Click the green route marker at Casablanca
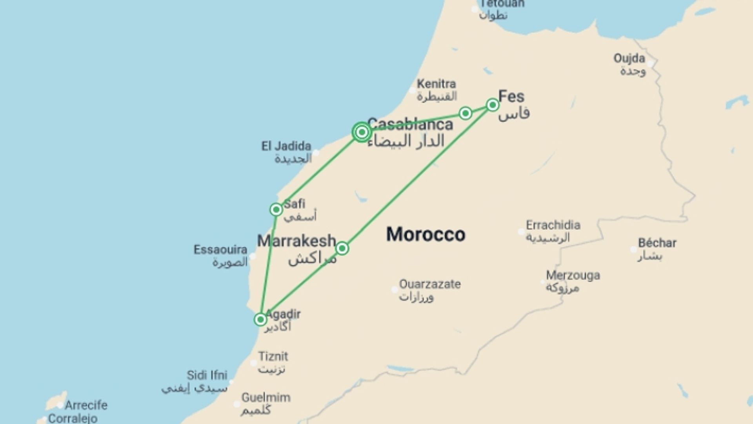pos(362,132)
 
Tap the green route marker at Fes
pos(493,105)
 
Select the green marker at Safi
pos(276,209)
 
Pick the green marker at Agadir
pos(260,320)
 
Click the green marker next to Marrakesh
pos(342,248)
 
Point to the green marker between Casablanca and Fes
pos(466,113)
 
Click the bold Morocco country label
pos(426,234)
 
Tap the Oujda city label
pos(629,58)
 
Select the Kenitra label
pos(436,84)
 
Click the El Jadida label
pos(286,146)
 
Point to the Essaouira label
pos(220,250)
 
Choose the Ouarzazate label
pos(430,284)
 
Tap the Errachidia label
pos(553,225)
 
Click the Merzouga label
pos(573,275)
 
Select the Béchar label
pos(657,243)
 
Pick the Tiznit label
pos(273,356)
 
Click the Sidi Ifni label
pos(207,375)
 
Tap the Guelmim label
pos(266,398)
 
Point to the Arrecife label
pos(86,405)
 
